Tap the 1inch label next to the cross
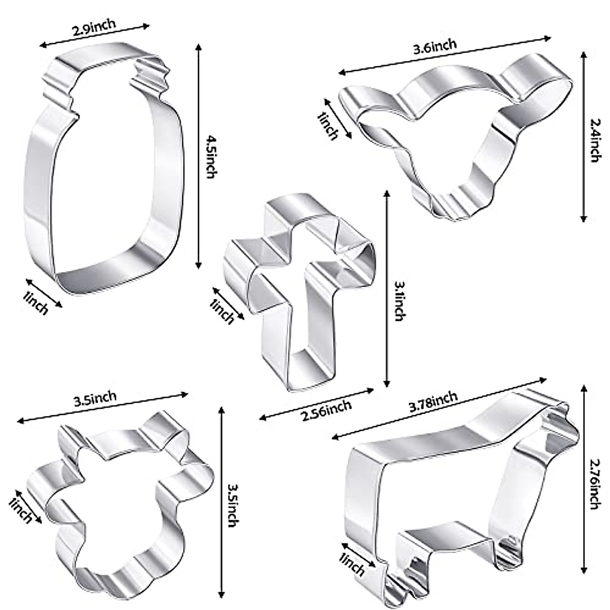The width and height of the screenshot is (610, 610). [x=222, y=311]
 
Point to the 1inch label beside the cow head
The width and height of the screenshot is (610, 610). [x=328, y=126]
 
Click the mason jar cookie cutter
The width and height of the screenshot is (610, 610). [x=102, y=173]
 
